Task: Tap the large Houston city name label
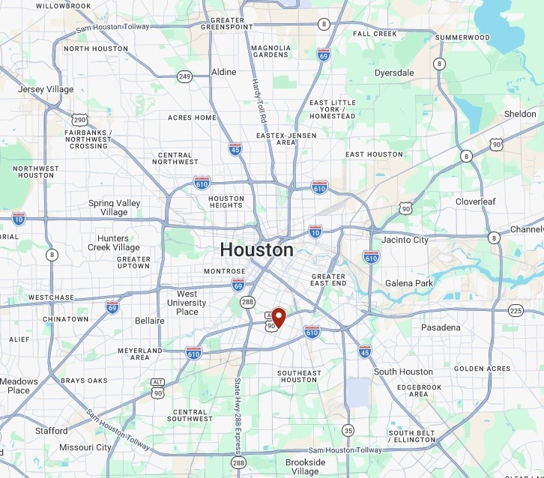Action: [x=256, y=249]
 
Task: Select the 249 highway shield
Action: [x=184, y=76]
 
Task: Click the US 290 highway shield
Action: [x=79, y=119]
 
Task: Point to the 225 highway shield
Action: [x=516, y=310]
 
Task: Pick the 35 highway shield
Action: [x=348, y=430]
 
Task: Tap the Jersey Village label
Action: [x=46, y=89]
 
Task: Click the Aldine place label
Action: [x=223, y=72]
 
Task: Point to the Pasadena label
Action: [x=441, y=327]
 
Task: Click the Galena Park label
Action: [x=409, y=283]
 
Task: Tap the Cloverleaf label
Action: [x=478, y=202]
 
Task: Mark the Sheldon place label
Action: [x=520, y=114]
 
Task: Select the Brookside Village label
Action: [x=306, y=467]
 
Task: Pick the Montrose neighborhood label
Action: [x=225, y=271]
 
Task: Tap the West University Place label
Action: [x=187, y=303]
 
